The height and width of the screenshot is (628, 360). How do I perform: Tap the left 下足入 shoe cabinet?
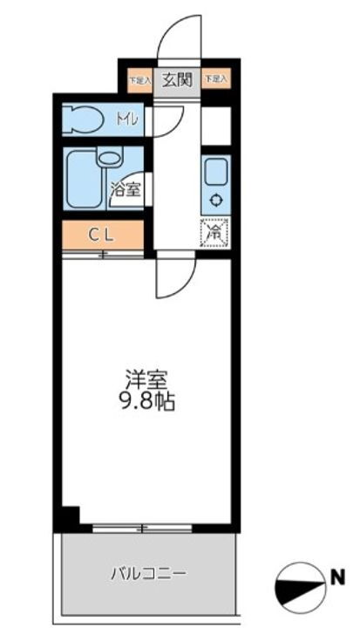click(x=139, y=80)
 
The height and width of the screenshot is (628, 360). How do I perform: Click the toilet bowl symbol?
click(x=85, y=119)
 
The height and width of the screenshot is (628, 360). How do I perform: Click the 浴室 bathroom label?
click(x=126, y=188)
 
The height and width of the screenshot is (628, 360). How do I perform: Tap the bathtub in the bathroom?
click(x=83, y=178)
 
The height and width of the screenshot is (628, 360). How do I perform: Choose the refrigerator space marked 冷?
click(x=214, y=233)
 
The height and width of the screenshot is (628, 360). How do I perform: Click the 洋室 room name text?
click(x=144, y=380)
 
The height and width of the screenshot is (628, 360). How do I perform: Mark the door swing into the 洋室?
click(x=173, y=276)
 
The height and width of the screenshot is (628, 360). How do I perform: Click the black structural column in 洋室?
click(x=71, y=517)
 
